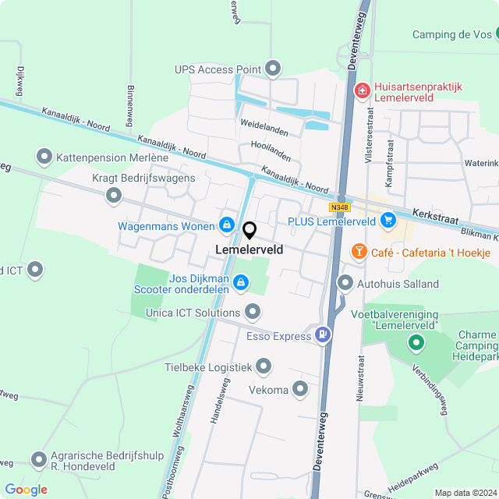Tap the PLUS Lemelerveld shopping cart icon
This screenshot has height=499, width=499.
[x=388, y=221]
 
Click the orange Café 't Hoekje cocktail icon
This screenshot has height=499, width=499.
[x=359, y=251]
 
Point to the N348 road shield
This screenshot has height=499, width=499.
[x=340, y=207]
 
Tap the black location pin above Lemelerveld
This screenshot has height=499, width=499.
[x=249, y=232]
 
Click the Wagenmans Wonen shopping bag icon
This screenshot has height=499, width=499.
[x=227, y=225]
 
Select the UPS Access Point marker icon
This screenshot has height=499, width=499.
[x=273, y=69]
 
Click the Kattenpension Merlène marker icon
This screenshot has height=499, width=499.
[x=44, y=157]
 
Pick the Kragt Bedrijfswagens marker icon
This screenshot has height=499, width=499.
[x=114, y=196]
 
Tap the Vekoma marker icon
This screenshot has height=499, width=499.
[x=301, y=390]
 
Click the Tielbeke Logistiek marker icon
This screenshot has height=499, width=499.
[x=264, y=366]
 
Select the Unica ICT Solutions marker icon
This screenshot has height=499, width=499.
[x=252, y=313]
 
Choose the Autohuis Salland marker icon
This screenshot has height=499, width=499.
[x=345, y=283]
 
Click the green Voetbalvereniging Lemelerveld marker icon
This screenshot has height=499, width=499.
[x=416, y=342]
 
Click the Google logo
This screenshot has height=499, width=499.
[x=26, y=490]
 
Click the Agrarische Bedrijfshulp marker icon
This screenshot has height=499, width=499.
[x=38, y=460]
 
